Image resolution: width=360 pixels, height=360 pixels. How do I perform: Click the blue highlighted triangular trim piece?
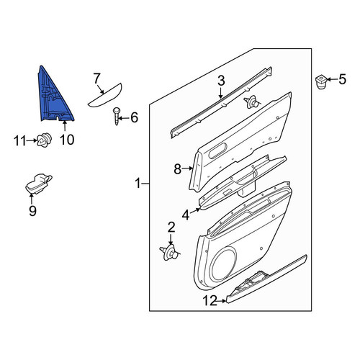(53, 99)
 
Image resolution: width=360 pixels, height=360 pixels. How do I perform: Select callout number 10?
(67, 140)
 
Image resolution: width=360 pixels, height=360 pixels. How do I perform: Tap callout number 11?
(20, 140)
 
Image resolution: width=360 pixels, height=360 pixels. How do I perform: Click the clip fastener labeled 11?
(45, 140)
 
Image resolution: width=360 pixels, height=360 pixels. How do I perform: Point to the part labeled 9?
(38, 184)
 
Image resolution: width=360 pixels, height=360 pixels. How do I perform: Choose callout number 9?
(32, 211)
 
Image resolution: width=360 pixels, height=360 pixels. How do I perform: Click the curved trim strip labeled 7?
(105, 96)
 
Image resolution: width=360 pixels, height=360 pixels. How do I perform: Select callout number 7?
(96, 78)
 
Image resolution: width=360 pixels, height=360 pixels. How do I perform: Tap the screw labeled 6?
(117, 117)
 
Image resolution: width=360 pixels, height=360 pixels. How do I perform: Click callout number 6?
(134, 118)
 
